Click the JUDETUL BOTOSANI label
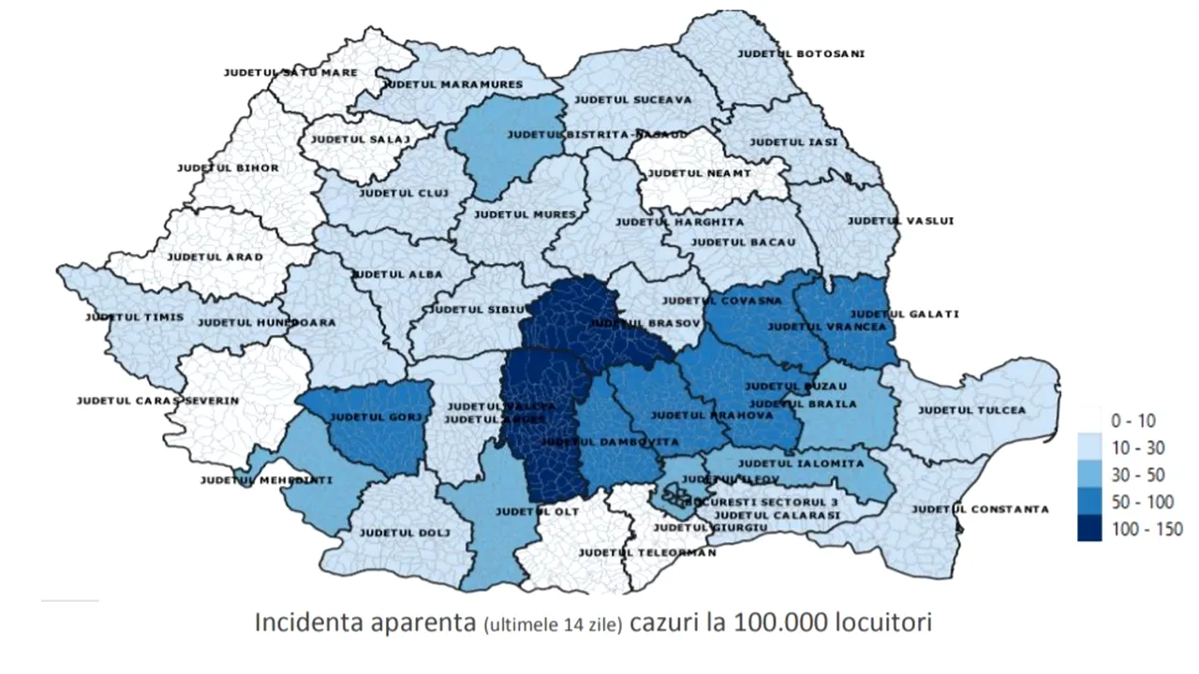801,53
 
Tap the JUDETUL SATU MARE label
277,71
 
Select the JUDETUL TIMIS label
134,317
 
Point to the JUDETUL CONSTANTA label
980,509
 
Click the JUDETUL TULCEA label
971,410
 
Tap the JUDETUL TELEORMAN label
647,552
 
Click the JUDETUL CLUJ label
405,193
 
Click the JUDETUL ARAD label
215,256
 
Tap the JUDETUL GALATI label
905,314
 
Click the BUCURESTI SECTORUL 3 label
761,502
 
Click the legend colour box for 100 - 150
1089,528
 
